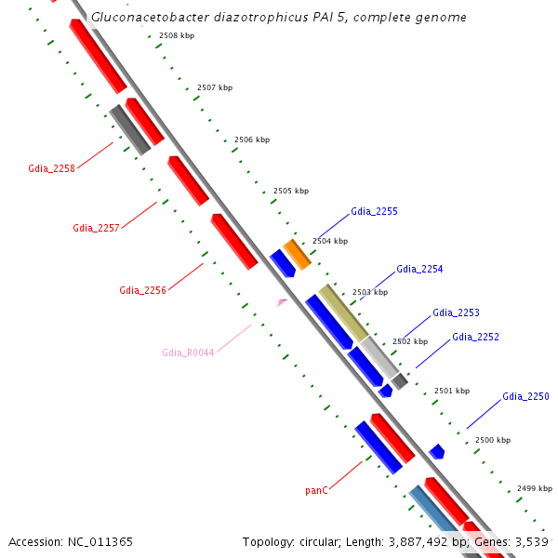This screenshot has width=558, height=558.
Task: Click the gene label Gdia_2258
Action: point(51,168)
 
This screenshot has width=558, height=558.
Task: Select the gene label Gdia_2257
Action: point(96,228)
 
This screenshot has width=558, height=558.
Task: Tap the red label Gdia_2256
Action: point(142,290)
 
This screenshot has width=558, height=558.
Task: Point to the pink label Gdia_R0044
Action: point(188,352)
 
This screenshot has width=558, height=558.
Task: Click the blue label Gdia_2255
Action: point(374,212)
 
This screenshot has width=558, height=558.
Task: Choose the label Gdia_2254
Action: point(419,270)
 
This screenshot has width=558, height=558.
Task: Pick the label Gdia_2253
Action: point(456,313)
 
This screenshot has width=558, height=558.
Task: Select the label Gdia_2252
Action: point(475,337)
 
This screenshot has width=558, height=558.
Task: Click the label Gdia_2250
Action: point(525,397)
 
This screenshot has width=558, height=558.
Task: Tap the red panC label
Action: point(316,490)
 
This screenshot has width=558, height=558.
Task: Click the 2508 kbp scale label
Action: point(177,35)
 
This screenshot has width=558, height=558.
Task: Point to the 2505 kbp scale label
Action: point(290,191)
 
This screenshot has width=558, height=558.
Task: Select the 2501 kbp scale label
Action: point(452,391)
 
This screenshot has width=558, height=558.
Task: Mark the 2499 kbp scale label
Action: point(534,488)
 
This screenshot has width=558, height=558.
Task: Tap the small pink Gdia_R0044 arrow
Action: point(282,302)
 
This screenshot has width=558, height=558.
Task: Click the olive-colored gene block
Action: point(343,312)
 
